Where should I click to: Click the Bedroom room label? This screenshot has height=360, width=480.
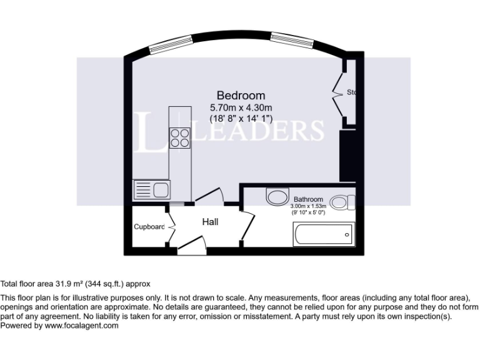[241, 96]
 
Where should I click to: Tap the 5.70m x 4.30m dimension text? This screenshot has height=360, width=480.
[241, 107]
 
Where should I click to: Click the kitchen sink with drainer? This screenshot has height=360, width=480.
[152, 189]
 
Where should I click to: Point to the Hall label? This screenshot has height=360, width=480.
[209, 222]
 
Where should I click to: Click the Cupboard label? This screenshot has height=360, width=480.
[149, 227]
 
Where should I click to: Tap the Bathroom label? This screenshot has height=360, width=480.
[308, 199]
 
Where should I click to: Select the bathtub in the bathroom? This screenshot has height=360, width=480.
[322, 235]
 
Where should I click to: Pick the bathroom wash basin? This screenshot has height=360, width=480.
[276, 197]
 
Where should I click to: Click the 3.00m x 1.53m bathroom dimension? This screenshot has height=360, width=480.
[308, 206]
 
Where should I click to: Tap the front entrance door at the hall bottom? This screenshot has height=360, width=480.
[191, 246]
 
